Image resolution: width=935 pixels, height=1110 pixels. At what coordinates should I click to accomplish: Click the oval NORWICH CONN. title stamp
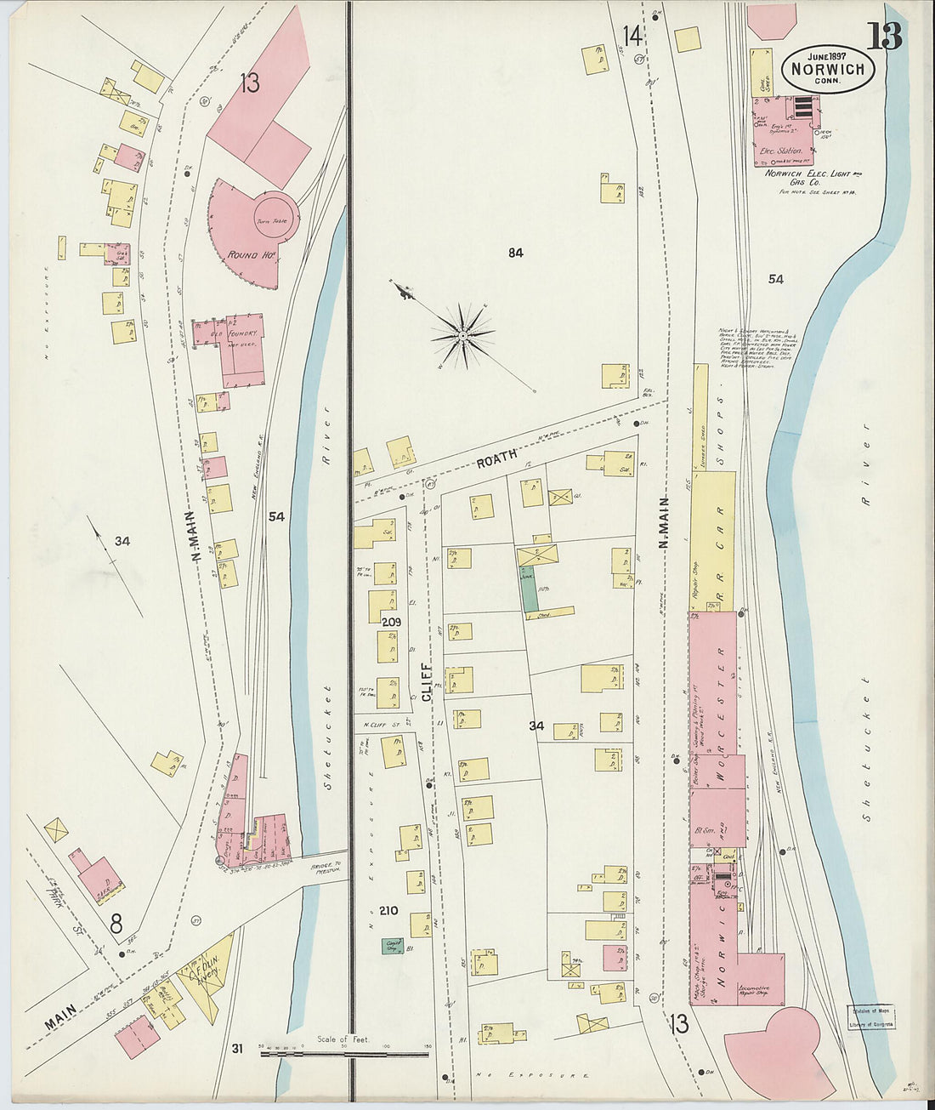(827, 69)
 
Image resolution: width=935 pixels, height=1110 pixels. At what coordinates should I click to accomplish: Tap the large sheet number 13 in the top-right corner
(884, 37)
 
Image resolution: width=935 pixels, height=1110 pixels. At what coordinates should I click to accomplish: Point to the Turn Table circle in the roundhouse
(274, 220)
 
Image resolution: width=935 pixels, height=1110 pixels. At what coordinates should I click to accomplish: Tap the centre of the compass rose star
(462, 336)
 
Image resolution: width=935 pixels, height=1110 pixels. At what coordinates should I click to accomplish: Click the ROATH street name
(496, 459)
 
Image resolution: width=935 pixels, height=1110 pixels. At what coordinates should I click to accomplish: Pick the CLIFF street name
(428, 681)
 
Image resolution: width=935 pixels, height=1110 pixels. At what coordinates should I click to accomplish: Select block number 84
(515, 252)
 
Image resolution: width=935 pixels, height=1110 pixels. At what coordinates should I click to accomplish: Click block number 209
(391, 622)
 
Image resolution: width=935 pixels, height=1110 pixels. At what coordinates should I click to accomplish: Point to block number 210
(388, 910)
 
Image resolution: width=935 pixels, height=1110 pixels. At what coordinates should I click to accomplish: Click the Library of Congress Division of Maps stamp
(870, 1017)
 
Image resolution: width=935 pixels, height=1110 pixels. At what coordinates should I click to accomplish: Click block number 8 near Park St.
(116, 923)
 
